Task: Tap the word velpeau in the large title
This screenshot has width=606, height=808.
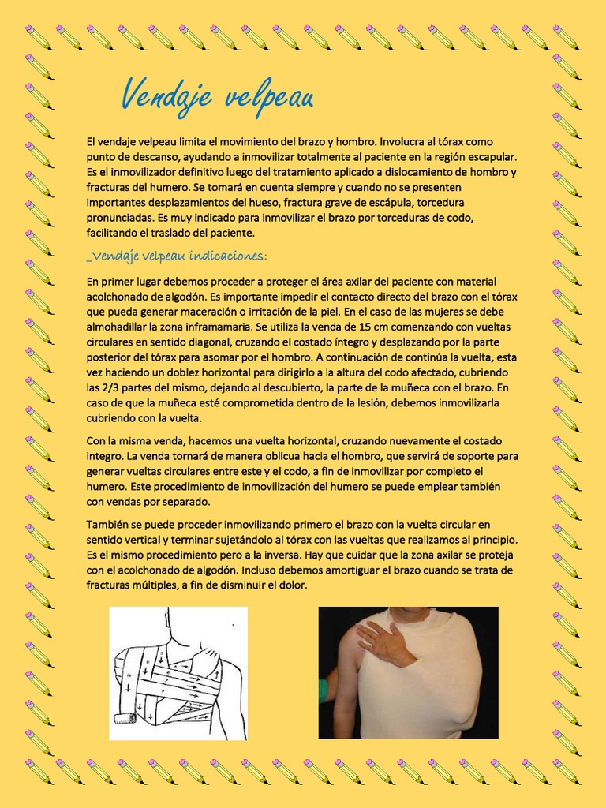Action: tap(269, 97)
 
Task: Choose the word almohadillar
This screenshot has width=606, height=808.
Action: tap(122, 327)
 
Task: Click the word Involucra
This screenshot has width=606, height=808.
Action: tap(407, 143)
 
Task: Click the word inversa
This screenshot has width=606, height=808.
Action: tap(278, 555)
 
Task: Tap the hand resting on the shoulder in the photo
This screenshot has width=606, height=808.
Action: tap(384, 640)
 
